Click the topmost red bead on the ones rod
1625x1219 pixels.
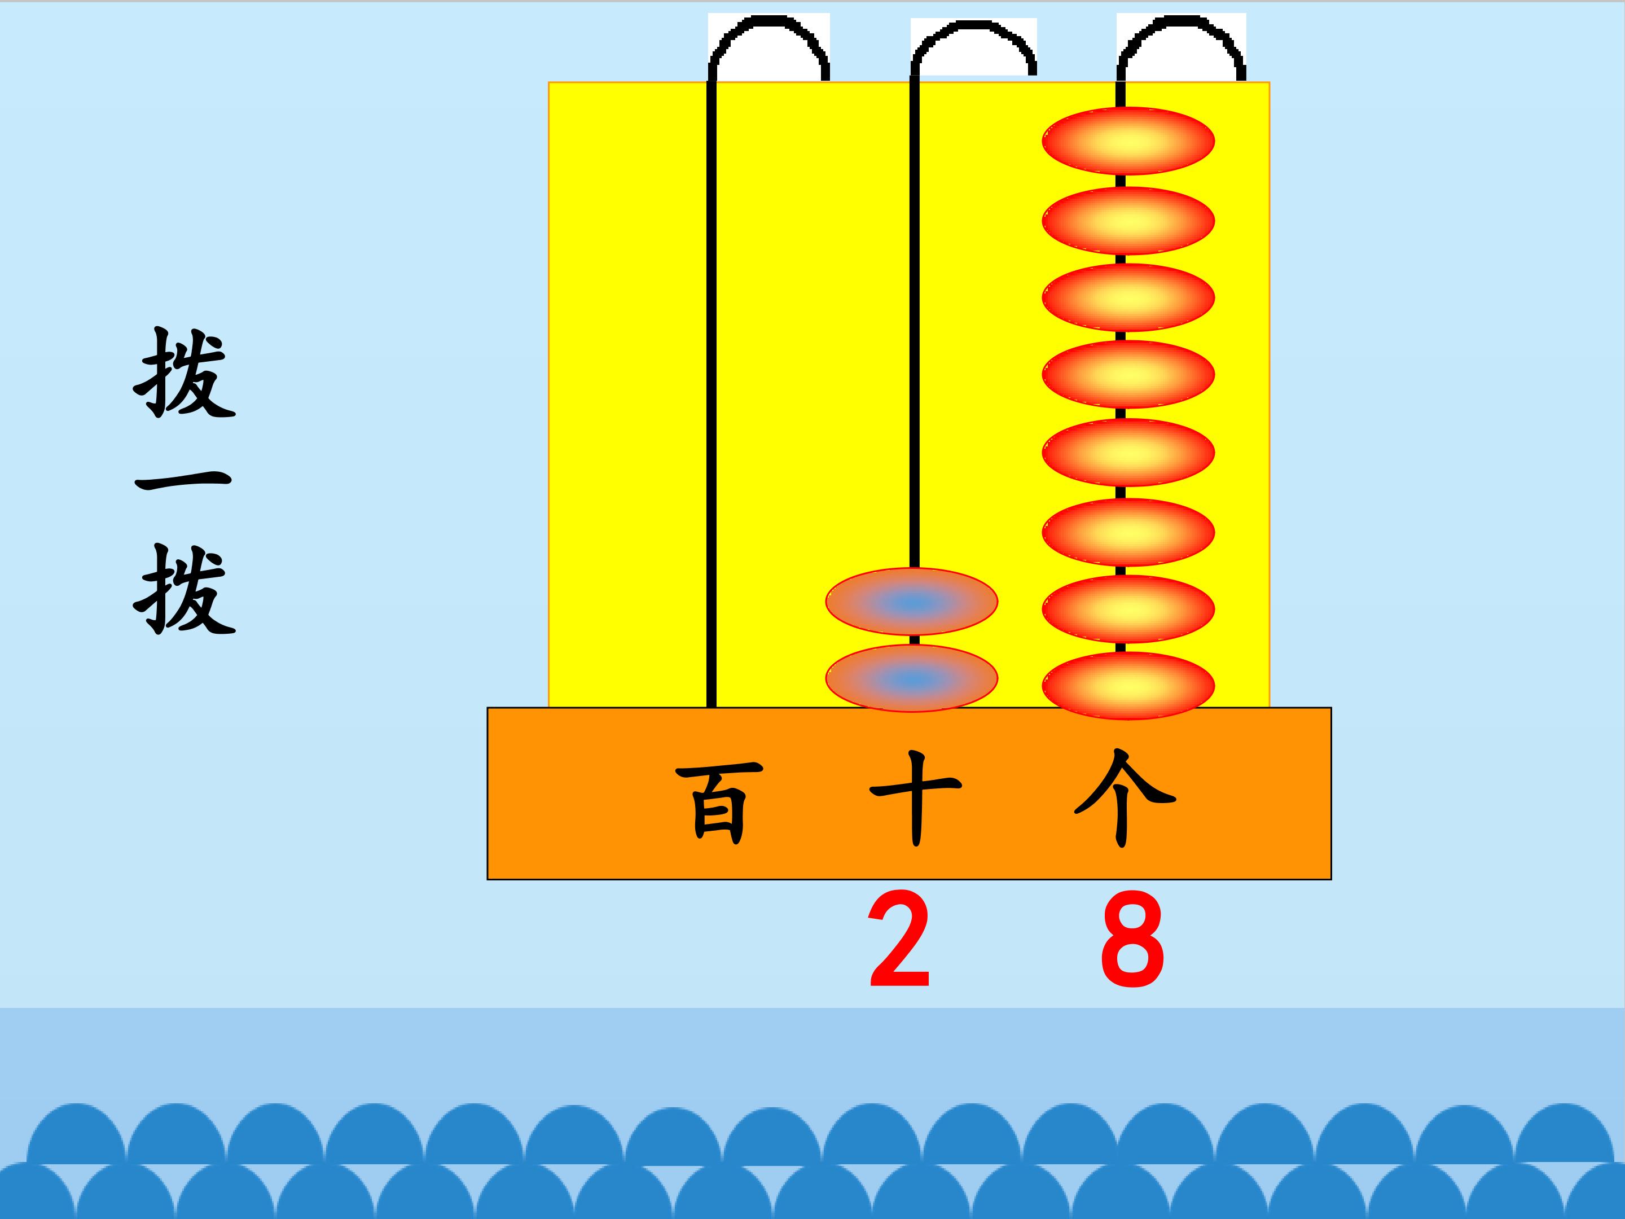[x=1128, y=141]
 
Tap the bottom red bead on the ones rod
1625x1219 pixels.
[x=1128, y=686]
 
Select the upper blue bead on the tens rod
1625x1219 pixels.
[x=912, y=602]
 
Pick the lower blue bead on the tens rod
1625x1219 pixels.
[x=912, y=679]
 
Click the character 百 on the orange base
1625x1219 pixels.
[x=719, y=803]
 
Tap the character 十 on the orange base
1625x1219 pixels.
[x=915, y=799]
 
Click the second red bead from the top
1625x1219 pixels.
[x=1128, y=221]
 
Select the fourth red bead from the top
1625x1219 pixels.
[x=1128, y=375]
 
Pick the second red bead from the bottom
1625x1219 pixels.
[x=1128, y=609]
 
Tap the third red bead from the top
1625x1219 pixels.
[x=1128, y=297]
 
